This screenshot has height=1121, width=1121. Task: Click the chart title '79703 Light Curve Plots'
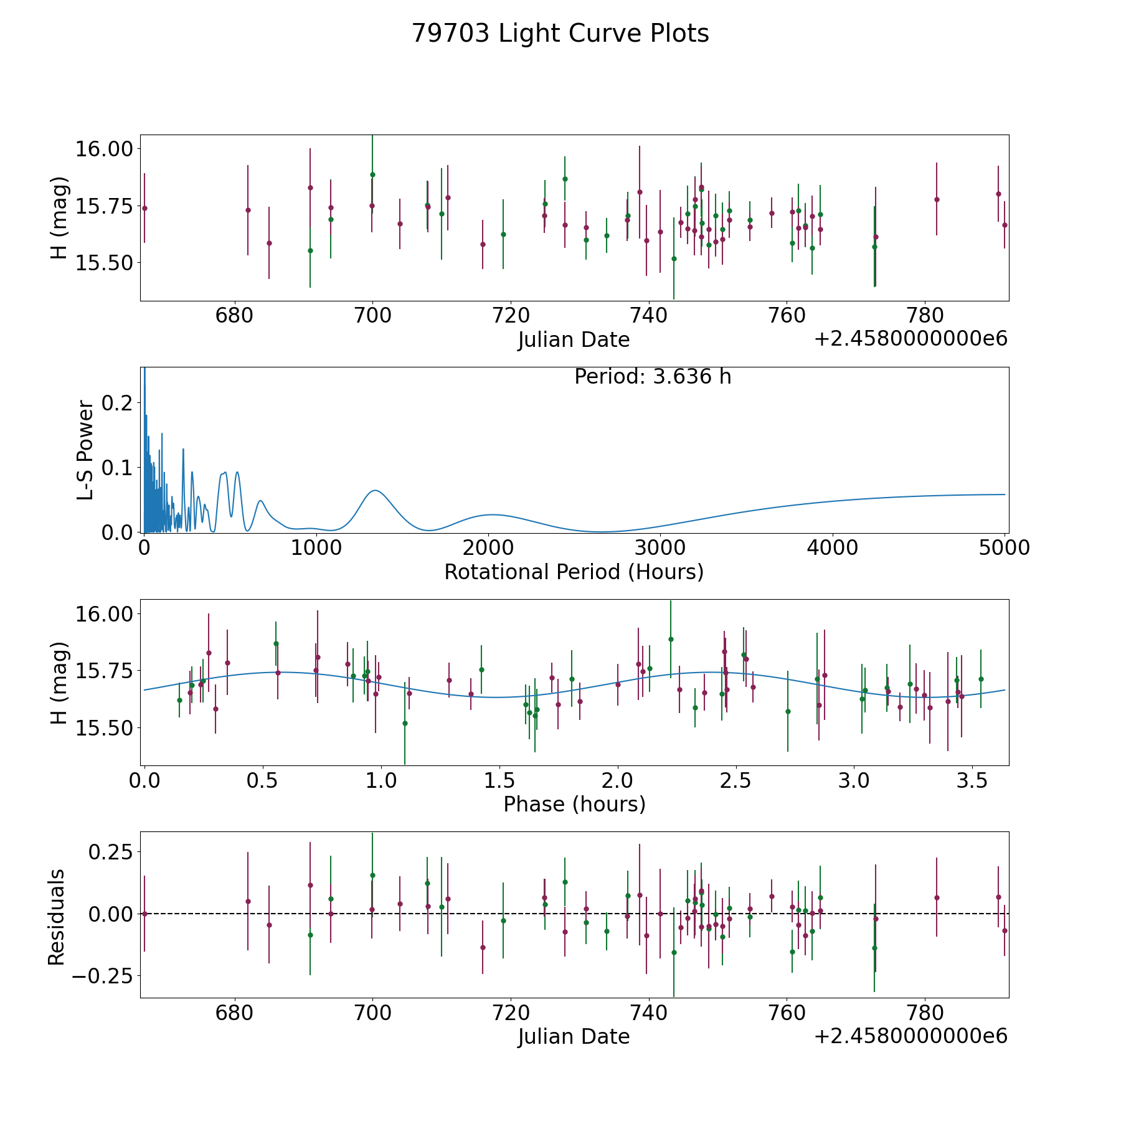pyautogui.click(x=560, y=34)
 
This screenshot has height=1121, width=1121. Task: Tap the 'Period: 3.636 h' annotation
pyautogui.click(x=653, y=377)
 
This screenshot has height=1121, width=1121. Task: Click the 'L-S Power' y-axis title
pyautogui.click(x=86, y=450)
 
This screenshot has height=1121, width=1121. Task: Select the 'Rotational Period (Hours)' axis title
pyautogui.click(x=574, y=572)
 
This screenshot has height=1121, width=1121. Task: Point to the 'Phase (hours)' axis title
pyautogui.click(x=574, y=804)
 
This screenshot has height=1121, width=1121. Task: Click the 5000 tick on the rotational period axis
pyautogui.click(x=1005, y=547)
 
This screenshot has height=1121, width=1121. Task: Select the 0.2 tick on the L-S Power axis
pyautogui.click(x=118, y=403)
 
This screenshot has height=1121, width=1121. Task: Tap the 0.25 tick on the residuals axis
pyautogui.click(x=110, y=852)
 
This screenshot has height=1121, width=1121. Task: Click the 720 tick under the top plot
pyautogui.click(x=511, y=316)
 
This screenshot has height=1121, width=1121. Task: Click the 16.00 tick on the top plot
pyautogui.click(x=103, y=149)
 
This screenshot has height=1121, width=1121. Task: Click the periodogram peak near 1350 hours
pyautogui.click(x=375, y=491)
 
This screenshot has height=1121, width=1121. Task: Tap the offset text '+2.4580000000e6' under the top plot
pyautogui.click(x=911, y=339)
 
